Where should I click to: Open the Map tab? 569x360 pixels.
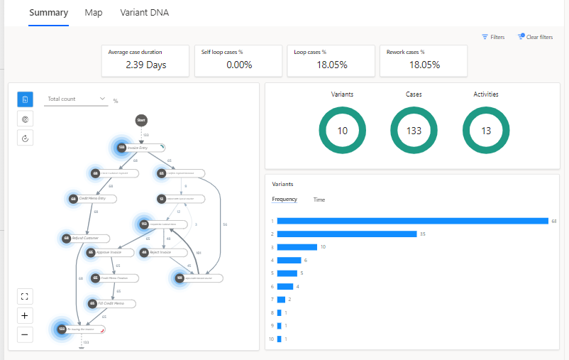coord(93,13)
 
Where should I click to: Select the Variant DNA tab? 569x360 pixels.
coord(145,13)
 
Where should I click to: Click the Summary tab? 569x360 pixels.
coord(49,13)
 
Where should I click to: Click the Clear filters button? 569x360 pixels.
coord(535,37)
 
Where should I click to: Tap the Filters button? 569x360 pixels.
coord(493,37)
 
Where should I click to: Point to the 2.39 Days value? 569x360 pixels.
coord(145,65)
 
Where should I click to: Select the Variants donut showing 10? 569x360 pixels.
coord(342,131)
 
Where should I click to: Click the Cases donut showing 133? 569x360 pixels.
coord(414,131)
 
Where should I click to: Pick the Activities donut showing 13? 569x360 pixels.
coord(486,131)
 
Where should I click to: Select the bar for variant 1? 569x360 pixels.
coord(412,221)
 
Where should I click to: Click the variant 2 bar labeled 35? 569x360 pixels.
coord(346,234)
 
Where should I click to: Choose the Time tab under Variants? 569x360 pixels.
coord(319,200)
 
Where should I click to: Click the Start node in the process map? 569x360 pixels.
coord(141,121)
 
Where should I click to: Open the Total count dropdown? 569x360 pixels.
coord(76,99)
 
